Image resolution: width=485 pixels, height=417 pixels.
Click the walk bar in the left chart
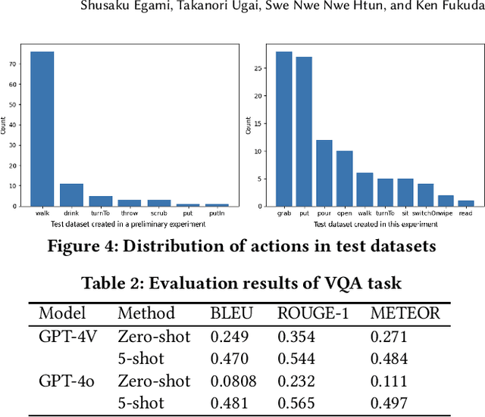pyautogui.click(x=42, y=129)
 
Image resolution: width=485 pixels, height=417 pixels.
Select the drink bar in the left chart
pyautogui.click(x=72, y=194)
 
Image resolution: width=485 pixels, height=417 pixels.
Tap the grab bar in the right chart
pyautogui.click(x=284, y=129)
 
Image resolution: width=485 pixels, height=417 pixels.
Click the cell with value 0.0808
pyautogui.click(x=232, y=381)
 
